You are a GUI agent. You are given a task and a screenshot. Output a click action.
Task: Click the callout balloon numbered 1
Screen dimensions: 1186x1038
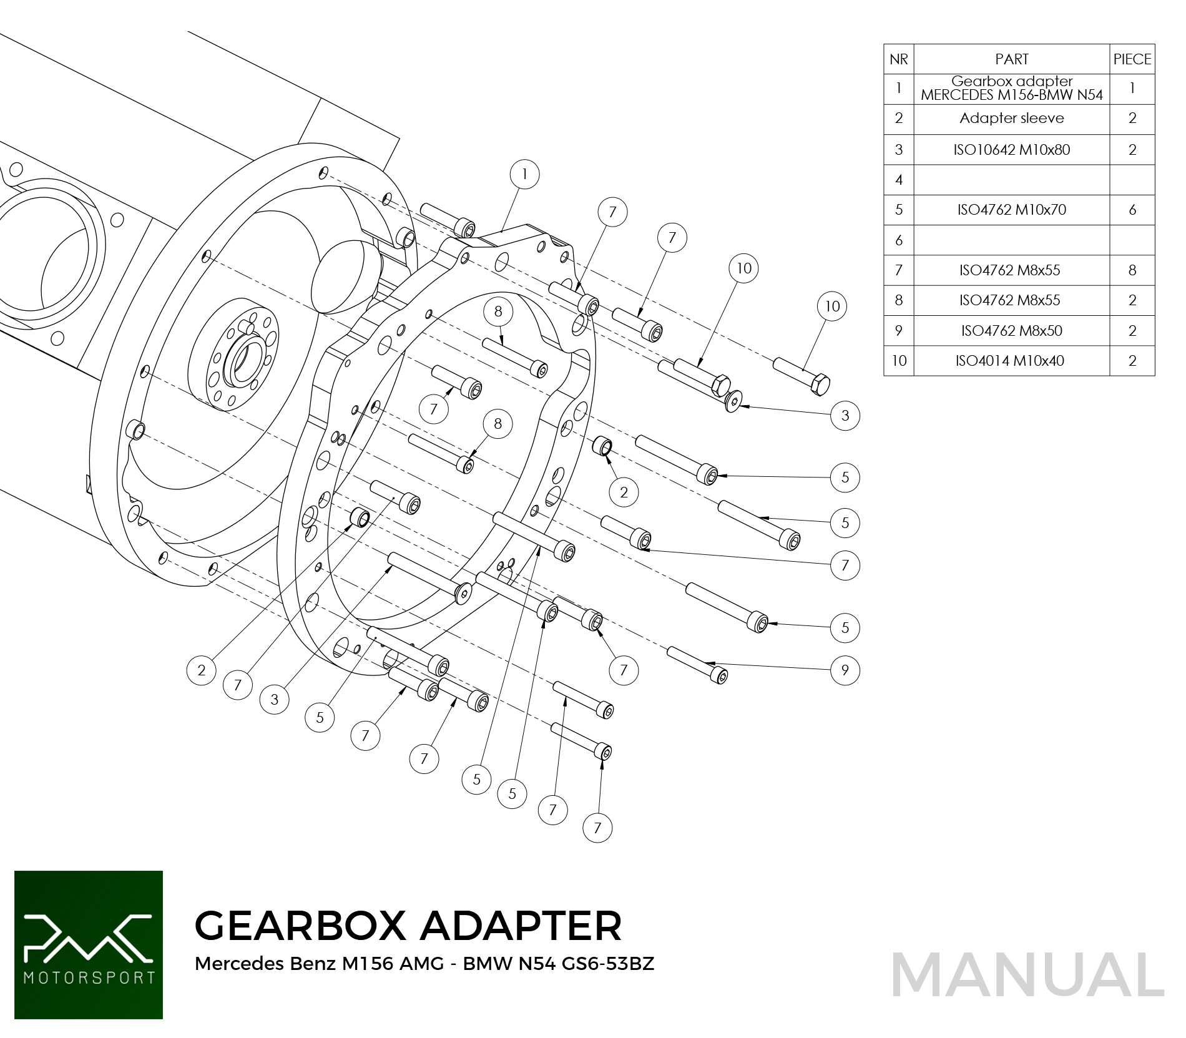524,174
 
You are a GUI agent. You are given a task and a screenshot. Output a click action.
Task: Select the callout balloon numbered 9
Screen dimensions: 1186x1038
845,670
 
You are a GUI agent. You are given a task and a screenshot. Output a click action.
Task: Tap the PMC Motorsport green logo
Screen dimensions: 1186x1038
89,945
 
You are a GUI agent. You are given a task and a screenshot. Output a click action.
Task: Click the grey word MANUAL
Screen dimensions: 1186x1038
1027,975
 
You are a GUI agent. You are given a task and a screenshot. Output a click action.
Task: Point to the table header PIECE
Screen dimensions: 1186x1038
1132,59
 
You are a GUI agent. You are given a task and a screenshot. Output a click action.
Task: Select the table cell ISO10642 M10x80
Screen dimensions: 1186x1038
1012,150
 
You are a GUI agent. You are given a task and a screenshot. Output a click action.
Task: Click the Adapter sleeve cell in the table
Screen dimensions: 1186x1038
1012,119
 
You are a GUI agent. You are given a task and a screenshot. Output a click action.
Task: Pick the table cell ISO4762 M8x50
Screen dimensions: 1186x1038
1012,331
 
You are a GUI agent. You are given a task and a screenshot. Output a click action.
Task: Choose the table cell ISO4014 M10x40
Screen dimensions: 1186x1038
1012,361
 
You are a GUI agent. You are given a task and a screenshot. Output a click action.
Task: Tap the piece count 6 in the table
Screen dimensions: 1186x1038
1132,210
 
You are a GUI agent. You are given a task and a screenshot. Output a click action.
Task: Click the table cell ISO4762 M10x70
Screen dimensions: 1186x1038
1012,210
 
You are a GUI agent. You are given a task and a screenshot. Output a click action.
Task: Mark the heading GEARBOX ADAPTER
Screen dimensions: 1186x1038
408,925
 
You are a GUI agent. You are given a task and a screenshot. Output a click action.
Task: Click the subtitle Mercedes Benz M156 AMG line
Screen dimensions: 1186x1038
424,964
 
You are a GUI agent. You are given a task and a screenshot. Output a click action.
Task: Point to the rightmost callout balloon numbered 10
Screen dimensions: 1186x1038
832,306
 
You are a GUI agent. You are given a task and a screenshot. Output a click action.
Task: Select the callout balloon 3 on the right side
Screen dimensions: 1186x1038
845,416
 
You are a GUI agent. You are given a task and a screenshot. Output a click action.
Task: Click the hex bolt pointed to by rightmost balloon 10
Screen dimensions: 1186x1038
802,376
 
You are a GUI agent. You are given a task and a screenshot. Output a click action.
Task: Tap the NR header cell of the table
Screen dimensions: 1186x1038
899,59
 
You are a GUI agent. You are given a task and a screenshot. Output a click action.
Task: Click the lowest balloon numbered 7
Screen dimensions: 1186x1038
597,828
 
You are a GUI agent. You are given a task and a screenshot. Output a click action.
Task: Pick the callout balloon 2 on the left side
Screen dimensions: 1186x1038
202,670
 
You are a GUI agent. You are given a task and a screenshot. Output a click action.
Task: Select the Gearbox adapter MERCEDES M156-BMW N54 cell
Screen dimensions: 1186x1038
1012,89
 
